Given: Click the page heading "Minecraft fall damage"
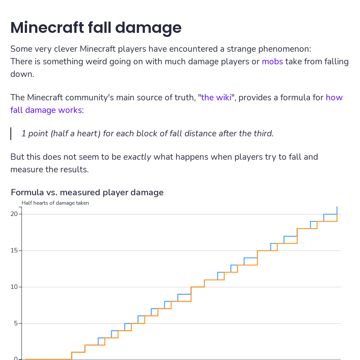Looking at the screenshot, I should (x=96, y=28).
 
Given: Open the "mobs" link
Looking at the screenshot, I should (x=272, y=62).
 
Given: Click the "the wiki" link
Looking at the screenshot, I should (x=216, y=98).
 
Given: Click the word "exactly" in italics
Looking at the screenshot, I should (x=137, y=157).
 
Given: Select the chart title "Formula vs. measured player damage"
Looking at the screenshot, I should (x=87, y=193).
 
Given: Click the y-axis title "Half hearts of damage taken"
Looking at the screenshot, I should (x=55, y=203).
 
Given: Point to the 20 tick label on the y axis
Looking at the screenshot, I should (x=13, y=214).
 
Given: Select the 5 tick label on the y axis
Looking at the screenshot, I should (x=15, y=324).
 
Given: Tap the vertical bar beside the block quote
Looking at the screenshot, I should (x=11, y=134).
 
